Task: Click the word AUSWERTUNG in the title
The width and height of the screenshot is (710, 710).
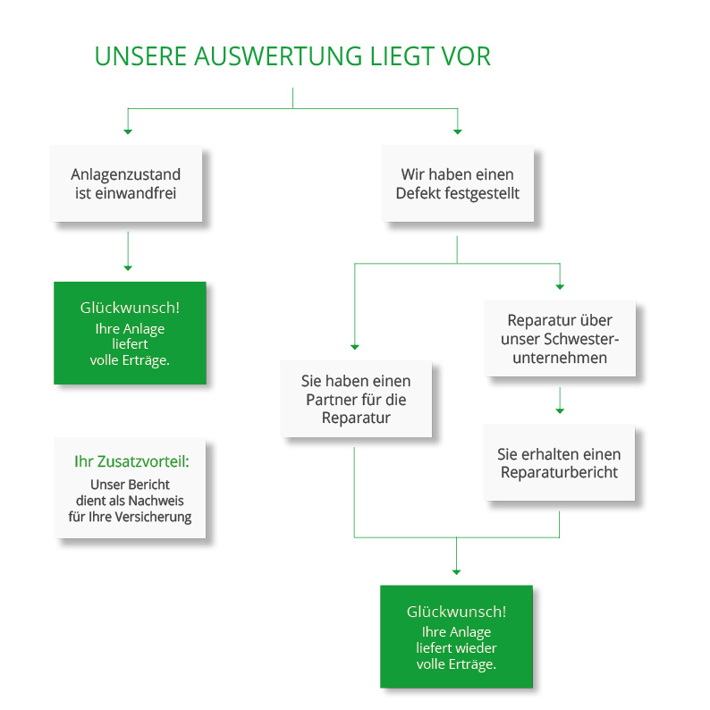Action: click(278, 56)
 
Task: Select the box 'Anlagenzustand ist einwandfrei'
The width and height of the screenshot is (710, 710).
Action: click(126, 183)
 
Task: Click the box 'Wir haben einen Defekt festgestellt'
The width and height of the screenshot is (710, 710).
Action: click(457, 183)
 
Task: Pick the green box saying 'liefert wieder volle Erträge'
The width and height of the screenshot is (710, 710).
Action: click(456, 637)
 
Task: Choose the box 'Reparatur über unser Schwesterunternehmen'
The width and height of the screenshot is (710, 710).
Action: click(560, 338)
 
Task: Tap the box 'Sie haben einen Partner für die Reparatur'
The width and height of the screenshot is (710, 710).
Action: click(356, 399)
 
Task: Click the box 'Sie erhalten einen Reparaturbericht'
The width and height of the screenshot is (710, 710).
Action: click(559, 463)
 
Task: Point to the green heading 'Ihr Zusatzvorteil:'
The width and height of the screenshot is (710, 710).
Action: click(131, 461)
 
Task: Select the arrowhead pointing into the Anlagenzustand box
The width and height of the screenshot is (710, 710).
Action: click(128, 131)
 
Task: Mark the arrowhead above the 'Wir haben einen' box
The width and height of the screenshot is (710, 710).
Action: click(458, 131)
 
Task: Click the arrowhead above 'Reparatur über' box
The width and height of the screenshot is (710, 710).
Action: click(560, 287)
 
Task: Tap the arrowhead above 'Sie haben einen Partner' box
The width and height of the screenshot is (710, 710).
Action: click(355, 347)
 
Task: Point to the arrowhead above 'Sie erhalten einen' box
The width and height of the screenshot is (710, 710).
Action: click(560, 411)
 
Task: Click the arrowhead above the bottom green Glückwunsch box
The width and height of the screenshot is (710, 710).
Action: click(456, 572)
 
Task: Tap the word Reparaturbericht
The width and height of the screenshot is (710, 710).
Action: click(559, 472)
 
